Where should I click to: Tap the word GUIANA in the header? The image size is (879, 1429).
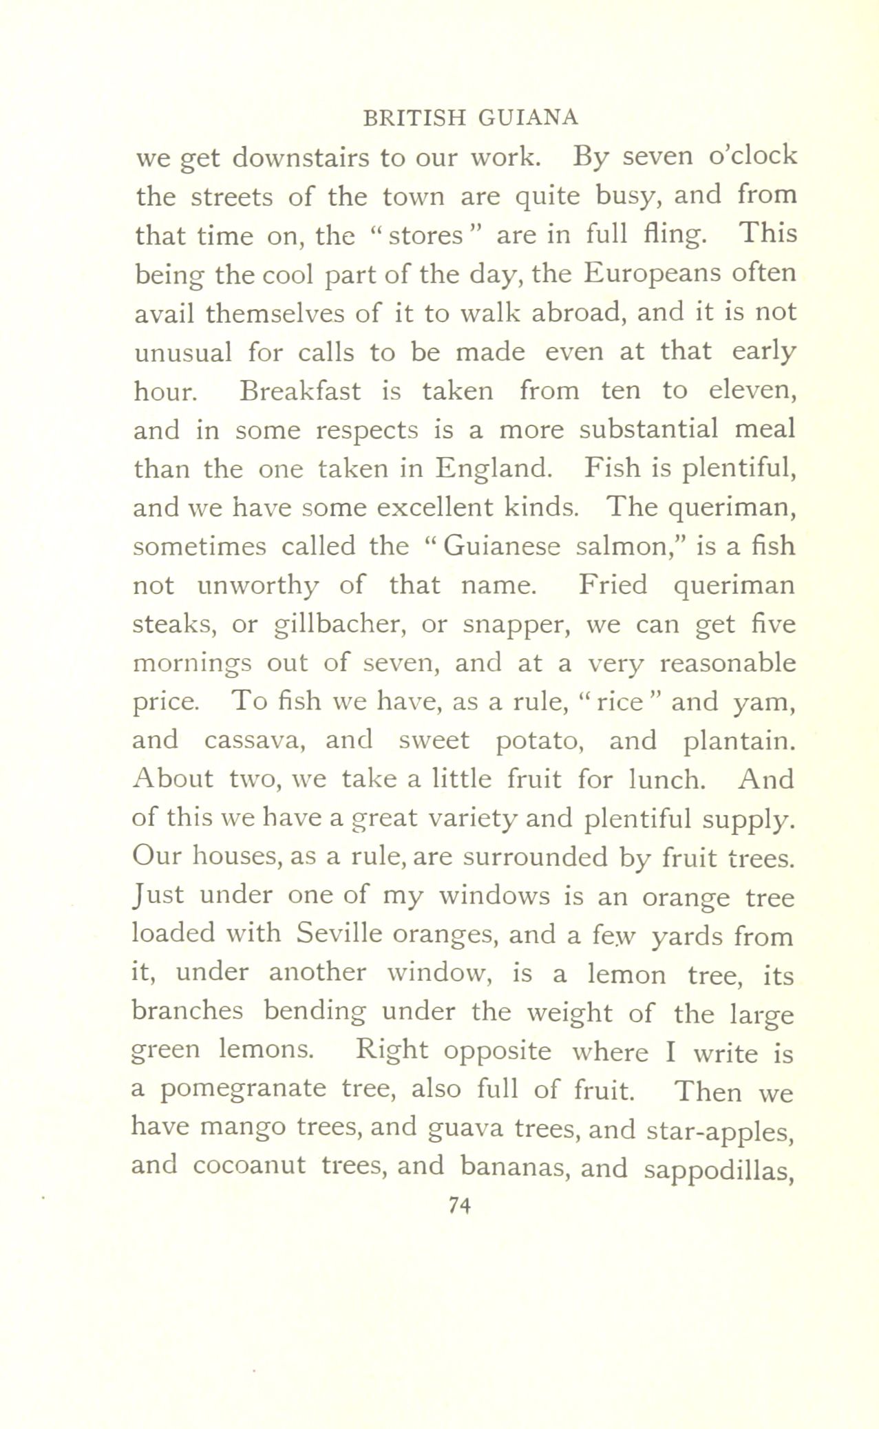[524, 118]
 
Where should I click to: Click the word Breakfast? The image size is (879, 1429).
[299, 391]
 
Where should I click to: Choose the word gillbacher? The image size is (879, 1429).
[340, 625]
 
